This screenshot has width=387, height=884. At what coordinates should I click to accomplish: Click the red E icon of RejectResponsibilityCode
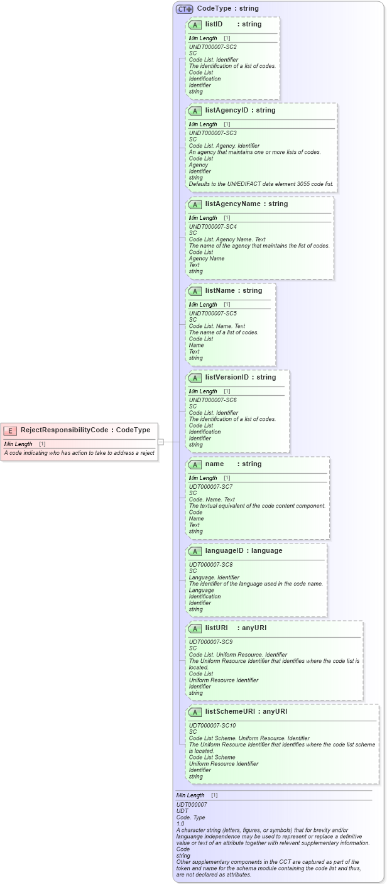10,430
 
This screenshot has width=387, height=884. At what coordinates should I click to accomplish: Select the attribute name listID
214,25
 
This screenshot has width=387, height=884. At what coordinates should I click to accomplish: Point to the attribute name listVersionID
227,378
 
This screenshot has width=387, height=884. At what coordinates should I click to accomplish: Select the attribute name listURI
216,628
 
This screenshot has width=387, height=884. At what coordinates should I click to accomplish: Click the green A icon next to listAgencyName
195,204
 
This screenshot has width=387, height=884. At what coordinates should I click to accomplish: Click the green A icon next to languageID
195,551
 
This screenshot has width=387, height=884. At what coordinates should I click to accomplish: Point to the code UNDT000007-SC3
212,133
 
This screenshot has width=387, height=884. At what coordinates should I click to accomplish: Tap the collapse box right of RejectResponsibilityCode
161,442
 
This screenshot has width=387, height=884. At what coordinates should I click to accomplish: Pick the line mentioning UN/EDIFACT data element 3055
261,183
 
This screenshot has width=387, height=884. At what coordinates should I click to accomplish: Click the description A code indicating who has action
79,453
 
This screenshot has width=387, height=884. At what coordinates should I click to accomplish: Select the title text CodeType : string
227,9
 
